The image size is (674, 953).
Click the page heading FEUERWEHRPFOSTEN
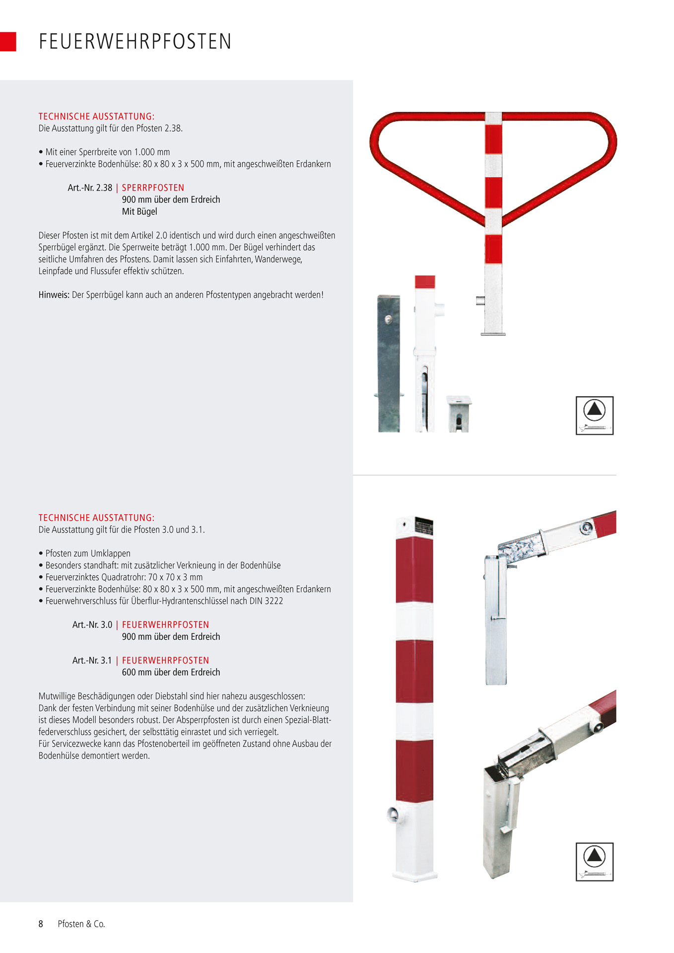(x=135, y=42)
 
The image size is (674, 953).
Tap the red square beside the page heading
(x=8, y=42)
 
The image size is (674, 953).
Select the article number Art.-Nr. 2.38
(x=90, y=188)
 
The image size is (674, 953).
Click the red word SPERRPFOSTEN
(x=153, y=188)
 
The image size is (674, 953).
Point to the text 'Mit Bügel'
(x=139, y=211)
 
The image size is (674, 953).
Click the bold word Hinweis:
(x=54, y=295)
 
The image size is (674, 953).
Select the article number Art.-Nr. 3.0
(x=92, y=624)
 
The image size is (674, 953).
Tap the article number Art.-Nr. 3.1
(x=92, y=660)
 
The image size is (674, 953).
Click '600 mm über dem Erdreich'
(x=171, y=672)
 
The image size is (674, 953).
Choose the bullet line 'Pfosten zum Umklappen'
(x=88, y=553)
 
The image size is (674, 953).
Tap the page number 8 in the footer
(x=41, y=924)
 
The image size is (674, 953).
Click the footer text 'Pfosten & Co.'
(x=81, y=924)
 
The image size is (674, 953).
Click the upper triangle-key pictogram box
(x=595, y=415)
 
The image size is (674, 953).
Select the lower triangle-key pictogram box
(x=595, y=862)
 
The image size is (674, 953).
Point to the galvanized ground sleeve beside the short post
(x=389, y=363)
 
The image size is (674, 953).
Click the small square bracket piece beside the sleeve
(x=459, y=413)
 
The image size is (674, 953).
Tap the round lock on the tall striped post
(x=393, y=814)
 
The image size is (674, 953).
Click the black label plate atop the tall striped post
(x=423, y=527)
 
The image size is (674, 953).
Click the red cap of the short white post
(x=425, y=281)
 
